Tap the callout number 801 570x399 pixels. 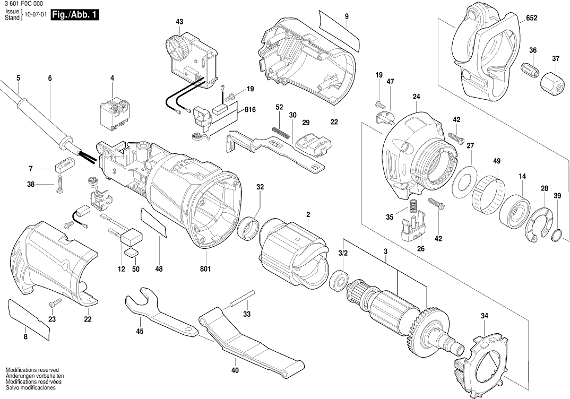pos(205,269)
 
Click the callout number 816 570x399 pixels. pos(250,110)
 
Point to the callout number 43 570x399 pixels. pos(179,22)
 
